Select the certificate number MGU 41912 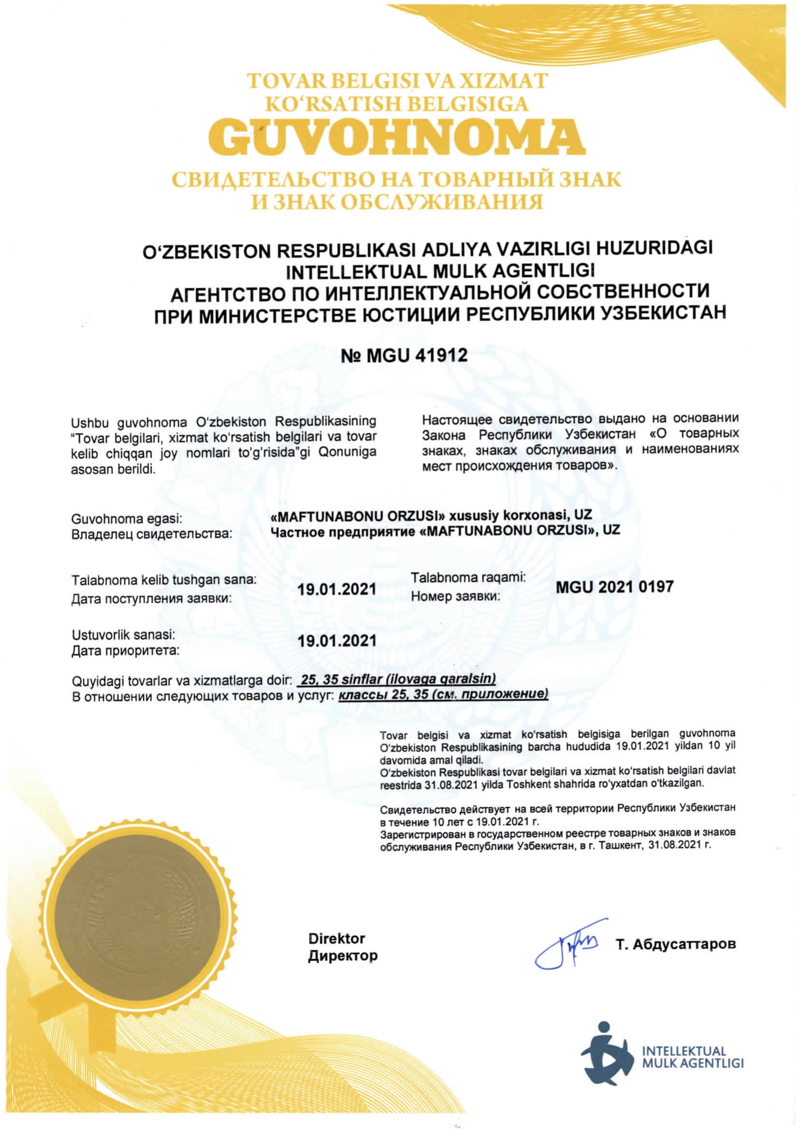pyautogui.click(x=404, y=356)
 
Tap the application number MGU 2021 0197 pyautogui.click(x=614, y=586)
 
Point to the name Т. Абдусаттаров pyautogui.click(x=675, y=944)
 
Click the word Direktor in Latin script pyautogui.click(x=337, y=939)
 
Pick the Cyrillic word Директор pyautogui.click(x=343, y=956)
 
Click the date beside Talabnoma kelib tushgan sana pyautogui.click(x=337, y=588)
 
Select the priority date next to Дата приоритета pyautogui.click(x=337, y=641)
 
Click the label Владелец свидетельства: pyautogui.click(x=152, y=533)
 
